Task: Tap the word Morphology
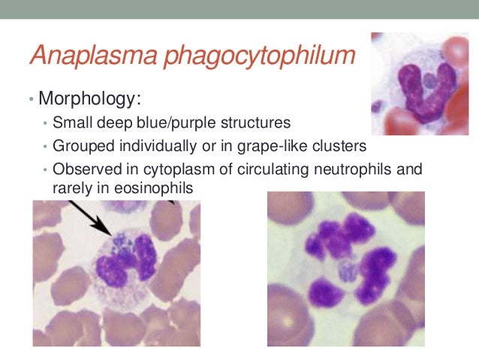[x=92, y=99]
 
